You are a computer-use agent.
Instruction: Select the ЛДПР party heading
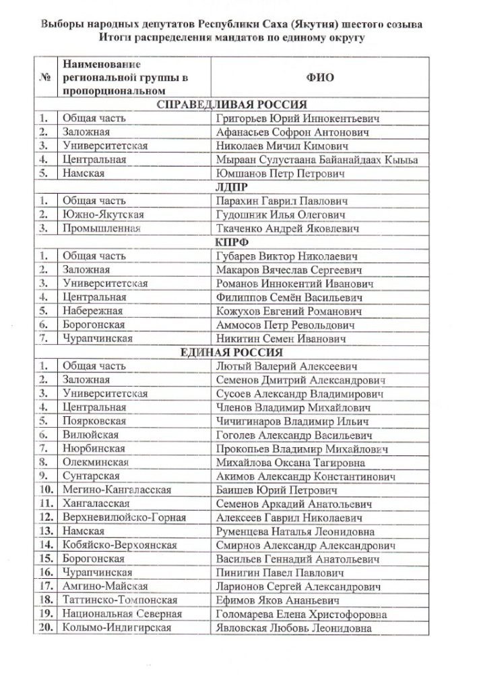click(231, 188)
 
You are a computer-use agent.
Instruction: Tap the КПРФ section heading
click(231, 243)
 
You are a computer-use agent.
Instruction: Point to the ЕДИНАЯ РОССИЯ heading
click(231, 353)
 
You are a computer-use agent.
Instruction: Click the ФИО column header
click(320, 78)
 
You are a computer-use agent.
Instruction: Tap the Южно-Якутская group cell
click(103, 215)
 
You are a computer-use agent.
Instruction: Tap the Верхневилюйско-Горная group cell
click(124, 518)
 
